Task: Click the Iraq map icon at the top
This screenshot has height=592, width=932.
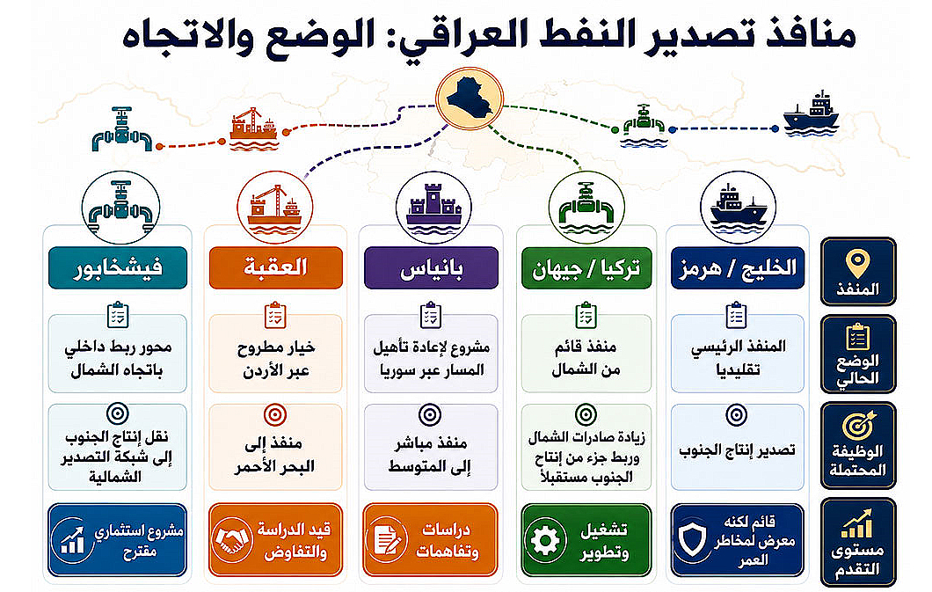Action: coord(469,99)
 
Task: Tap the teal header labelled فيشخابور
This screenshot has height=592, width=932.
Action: coord(118,268)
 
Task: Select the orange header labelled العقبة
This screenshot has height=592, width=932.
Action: coord(276,268)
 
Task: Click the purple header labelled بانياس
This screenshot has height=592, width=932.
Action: coord(431,268)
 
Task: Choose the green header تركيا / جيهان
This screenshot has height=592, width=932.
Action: coord(586,268)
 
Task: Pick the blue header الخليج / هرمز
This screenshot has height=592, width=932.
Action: coord(738,268)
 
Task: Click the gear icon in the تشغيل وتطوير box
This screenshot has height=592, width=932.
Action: coord(545,541)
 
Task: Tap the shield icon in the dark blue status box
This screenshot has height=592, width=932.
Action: coord(694,540)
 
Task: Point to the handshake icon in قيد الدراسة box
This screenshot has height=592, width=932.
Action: coord(232,540)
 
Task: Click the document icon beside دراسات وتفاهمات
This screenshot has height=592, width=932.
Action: coord(387,540)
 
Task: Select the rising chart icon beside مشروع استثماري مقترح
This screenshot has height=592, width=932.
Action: coord(72,540)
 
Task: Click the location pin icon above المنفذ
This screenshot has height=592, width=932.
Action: coord(857,264)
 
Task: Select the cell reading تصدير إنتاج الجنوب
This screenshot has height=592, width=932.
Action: coord(738,448)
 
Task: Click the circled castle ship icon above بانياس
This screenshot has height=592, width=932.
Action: coord(433,208)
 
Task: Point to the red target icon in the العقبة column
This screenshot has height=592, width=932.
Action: coord(274,415)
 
